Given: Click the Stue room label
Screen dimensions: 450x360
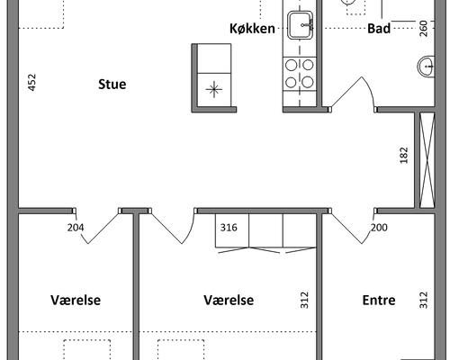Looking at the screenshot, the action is click(112, 85).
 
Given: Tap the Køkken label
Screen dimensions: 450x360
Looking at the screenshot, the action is click(252, 29).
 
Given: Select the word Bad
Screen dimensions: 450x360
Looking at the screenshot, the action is click(379, 29).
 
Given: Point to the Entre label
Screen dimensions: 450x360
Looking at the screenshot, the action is click(379, 300).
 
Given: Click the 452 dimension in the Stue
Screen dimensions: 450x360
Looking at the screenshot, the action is click(31, 82).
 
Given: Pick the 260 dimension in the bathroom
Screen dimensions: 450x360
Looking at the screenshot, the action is click(423, 29).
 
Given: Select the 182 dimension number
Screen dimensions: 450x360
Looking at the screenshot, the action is click(404, 155).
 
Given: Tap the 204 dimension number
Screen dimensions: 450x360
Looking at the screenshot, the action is click(76, 228).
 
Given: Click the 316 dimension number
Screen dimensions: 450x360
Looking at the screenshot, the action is click(229, 228).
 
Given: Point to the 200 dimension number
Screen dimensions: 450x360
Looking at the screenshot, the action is click(379, 228).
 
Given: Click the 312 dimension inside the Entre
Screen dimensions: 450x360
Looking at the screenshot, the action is click(423, 300).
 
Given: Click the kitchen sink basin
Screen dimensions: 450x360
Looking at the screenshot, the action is click(300, 25).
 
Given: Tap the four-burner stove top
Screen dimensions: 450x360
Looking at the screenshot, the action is click(300, 73).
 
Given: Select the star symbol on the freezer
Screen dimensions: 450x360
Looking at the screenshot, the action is click(214, 89).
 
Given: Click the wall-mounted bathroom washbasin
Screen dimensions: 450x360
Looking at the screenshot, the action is click(426, 67).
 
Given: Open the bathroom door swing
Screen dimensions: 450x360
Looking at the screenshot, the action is click(354, 92).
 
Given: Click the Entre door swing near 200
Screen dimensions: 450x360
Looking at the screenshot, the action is click(354, 227).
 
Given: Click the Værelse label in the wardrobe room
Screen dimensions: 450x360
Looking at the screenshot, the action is click(229, 300).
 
